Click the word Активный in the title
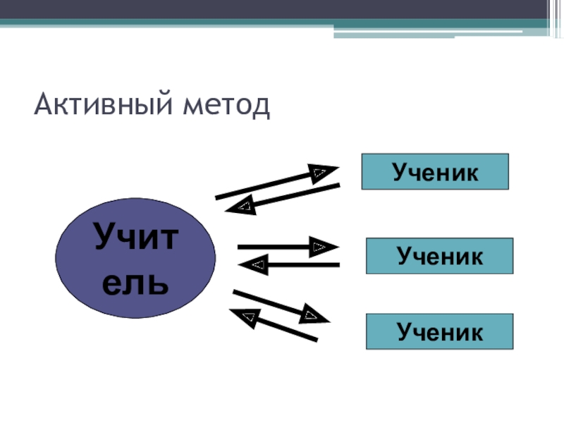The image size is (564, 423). tap(99, 105)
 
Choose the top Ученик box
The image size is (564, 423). tap(435, 171)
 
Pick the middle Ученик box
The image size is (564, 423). tap(439, 256)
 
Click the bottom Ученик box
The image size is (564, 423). tap(439, 331)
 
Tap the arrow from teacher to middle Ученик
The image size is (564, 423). tap(275, 247)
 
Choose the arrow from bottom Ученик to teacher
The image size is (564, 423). tap(282, 327)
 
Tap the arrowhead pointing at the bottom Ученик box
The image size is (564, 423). tap(314, 314)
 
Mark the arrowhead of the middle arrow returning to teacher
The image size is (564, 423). tap(255, 265)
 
